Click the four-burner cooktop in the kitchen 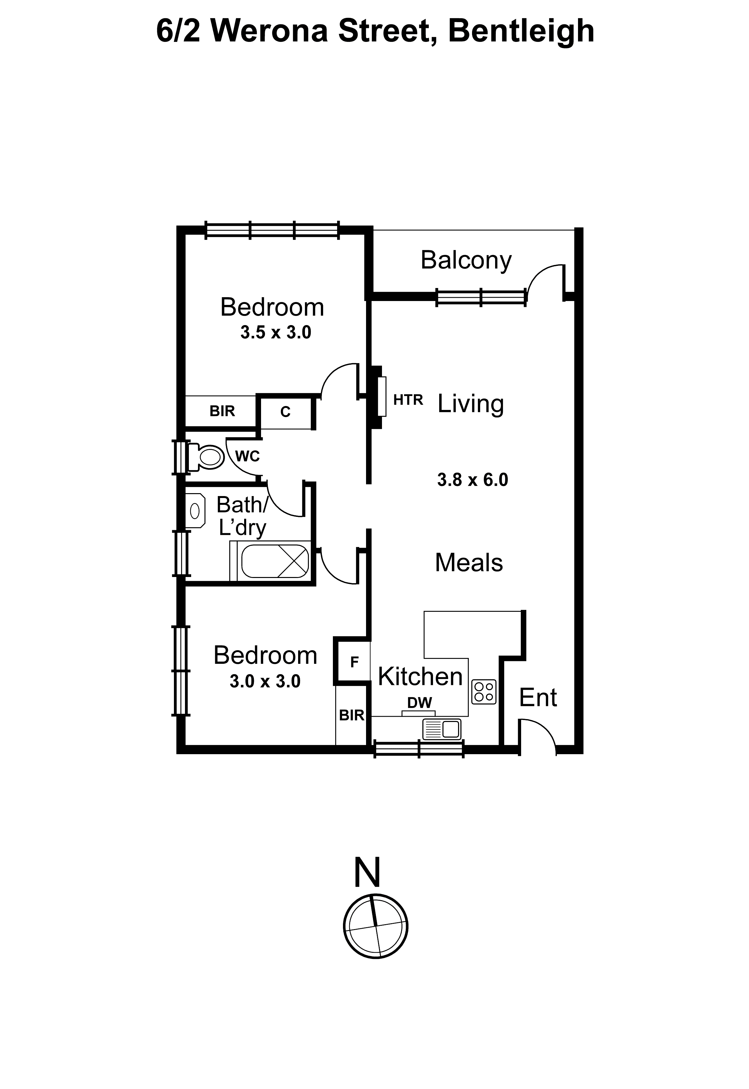484,691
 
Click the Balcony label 466,260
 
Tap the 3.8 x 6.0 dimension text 473,480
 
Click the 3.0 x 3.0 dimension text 265,681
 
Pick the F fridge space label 354,662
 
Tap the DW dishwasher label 420,702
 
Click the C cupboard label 285,412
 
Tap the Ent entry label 538,698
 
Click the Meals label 469,563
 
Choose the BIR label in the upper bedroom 222,411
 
